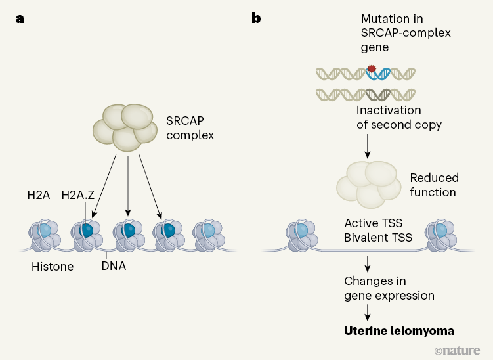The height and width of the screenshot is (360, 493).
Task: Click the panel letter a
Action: tap(20, 18)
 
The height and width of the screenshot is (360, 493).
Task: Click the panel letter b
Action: tap(256, 18)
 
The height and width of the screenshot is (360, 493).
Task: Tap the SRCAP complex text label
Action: tap(190, 129)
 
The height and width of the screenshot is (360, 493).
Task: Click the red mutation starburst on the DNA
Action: tap(372, 68)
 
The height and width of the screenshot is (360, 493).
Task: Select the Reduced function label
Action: tap(434, 185)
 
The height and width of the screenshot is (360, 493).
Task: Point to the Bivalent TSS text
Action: tap(378, 237)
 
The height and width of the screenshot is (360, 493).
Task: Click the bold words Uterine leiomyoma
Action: tap(398, 330)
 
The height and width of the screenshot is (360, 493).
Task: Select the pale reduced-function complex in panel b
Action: tap(368, 180)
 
